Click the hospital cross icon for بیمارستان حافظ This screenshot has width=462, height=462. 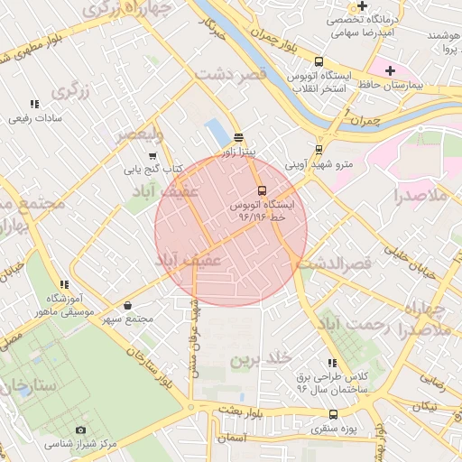tap(390, 70)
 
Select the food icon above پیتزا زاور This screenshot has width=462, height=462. tap(238, 138)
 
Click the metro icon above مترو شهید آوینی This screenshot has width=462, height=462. tap(319, 151)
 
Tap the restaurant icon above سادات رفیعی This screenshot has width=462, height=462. tap(34, 105)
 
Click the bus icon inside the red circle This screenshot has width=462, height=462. tap(262, 190)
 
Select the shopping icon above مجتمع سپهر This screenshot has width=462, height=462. tap(127, 305)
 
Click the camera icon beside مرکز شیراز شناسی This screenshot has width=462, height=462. tap(80, 430)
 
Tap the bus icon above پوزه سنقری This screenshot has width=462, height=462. tap(334, 415)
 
